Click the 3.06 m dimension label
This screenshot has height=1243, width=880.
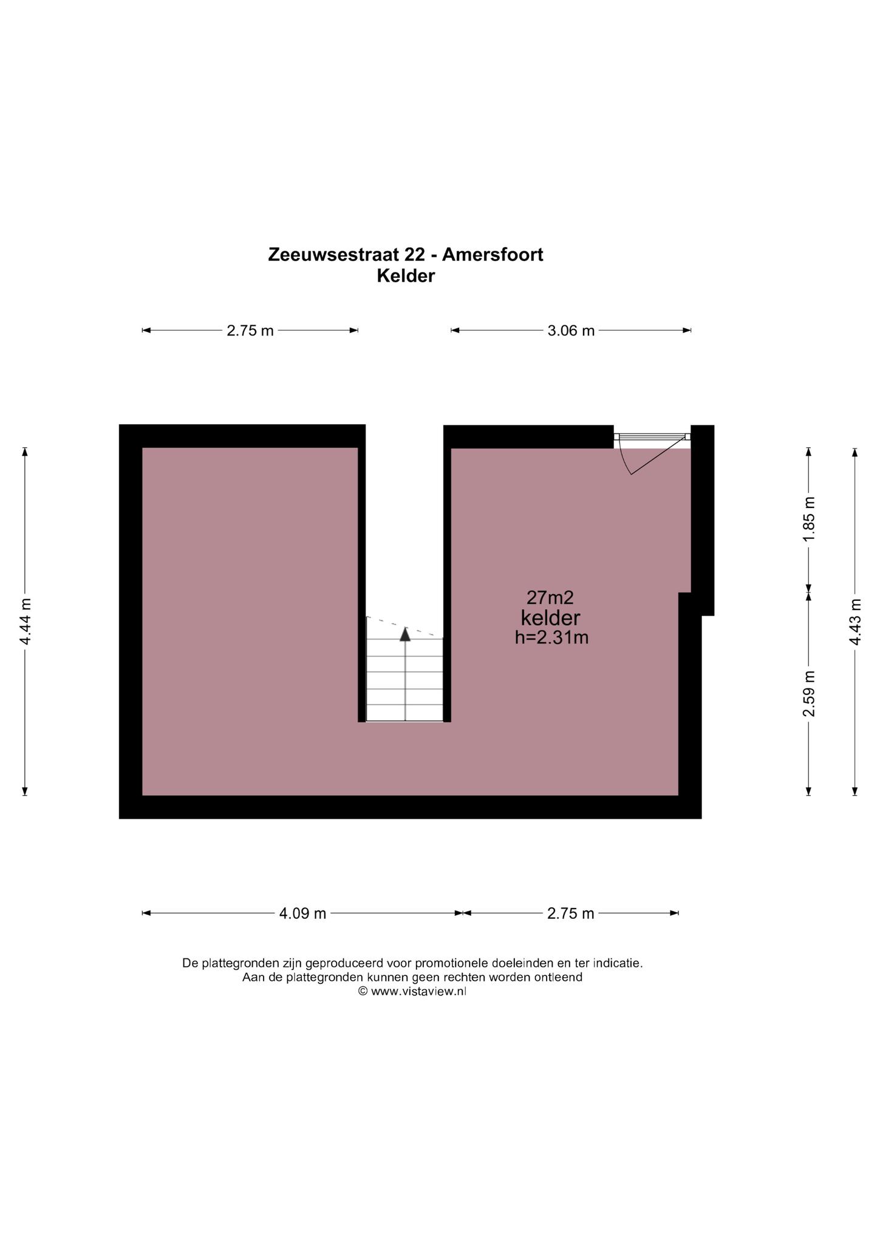(571, 331)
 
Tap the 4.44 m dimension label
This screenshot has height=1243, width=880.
(25, 622)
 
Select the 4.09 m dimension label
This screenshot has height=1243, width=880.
(302, 913)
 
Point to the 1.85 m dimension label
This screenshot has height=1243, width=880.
(808, 520)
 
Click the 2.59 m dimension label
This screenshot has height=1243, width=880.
(808, 694)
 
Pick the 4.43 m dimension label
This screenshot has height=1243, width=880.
(855, 622)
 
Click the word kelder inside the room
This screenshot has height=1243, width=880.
(551, 618)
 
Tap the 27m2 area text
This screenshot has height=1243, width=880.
(550, 598)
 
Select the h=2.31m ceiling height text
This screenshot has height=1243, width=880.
(551, 638)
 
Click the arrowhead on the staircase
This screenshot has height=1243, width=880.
(405, 634)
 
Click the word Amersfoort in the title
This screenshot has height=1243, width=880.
(493, 255)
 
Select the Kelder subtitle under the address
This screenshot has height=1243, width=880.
(406, 276)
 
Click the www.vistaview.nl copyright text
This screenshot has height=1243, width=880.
(418, 992)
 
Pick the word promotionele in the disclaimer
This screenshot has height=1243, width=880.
(451, 963)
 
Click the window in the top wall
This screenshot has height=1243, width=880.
(652, 436)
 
